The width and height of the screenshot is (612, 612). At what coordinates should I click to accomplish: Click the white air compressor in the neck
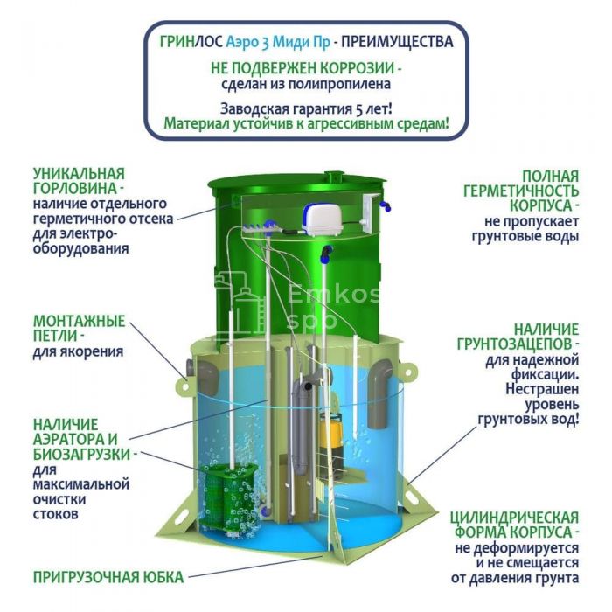click(323, 220)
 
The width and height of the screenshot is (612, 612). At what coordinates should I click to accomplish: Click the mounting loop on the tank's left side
click(185, 386)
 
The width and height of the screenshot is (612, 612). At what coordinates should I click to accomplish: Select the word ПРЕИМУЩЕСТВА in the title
click(397, 41)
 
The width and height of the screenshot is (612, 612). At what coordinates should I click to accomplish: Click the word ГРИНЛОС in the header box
click(191, 41)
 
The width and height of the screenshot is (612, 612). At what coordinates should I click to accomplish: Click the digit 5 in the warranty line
click(359, 109)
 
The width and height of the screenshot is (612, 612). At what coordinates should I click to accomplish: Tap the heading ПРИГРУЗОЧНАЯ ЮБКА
click(108, 577)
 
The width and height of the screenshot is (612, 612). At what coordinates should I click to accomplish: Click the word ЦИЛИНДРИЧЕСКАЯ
click(514, 518)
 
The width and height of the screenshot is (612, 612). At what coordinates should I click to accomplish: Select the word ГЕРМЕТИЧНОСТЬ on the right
click(521, 191)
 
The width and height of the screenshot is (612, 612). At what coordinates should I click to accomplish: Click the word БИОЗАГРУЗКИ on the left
click(81, 455)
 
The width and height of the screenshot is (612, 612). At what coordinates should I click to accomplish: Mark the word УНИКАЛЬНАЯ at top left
click(79, 173)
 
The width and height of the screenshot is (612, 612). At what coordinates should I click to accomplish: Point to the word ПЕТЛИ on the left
click(55, 336)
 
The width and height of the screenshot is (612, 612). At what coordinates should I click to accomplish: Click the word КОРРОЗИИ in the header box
click(358, 68)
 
